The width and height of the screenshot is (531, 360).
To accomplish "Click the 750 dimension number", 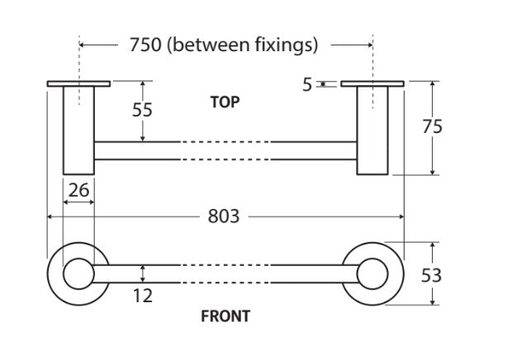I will [145, 45].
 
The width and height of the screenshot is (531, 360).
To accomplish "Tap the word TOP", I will [225, 102].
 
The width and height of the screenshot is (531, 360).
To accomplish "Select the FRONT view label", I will [225, 315].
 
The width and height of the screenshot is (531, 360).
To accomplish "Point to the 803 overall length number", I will [223, 216].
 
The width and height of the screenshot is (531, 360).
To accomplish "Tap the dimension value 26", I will [78, 191].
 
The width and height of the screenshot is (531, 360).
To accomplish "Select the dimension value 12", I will [143, 295].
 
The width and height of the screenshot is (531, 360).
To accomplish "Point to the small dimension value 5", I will [307, 84].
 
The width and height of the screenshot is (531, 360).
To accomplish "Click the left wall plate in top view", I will [79, 83].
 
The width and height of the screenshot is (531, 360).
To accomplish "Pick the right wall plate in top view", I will [372, 83].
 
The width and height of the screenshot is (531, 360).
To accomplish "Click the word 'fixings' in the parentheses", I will [283, 45].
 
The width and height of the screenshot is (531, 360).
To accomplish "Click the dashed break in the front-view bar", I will [225, 274].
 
